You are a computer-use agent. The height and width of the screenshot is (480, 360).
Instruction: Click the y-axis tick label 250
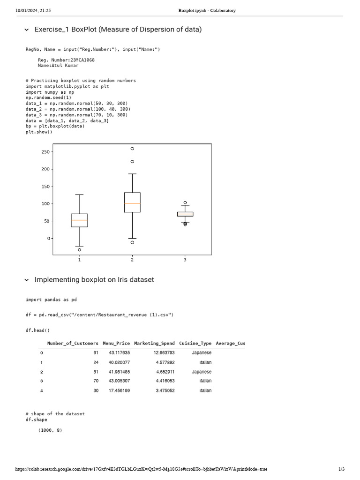[x=45, y=152]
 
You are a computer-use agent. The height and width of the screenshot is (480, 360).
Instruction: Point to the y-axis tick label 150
[x=45, y=187]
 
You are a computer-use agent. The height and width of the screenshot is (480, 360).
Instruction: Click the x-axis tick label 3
[x=185, y=260]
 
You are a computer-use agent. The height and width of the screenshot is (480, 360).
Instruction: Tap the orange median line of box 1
[x=79, y=220]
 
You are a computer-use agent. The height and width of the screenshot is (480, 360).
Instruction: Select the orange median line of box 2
[x=132, y=203]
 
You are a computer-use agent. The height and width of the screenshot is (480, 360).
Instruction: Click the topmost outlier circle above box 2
[x=132, y=149]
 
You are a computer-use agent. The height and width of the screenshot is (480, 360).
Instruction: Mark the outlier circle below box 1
[x=79, y=250]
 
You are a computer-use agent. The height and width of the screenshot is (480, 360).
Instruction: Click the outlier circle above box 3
[x=185, y=202]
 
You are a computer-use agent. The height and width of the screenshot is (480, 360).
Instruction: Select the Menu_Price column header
[x=116, y=343]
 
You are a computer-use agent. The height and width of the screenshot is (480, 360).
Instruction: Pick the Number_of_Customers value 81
[x=96, y=372]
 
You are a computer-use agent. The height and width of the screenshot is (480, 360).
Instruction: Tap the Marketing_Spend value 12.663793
[x=165, y=352]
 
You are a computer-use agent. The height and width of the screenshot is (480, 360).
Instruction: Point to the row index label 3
[x=41, y=381]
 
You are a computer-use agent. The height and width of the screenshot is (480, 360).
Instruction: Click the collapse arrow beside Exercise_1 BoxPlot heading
[x=26, y=30]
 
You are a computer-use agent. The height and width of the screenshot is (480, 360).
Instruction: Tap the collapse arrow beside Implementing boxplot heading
[x=26, y=280]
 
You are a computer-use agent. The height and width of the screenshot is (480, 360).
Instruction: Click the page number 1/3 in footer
[x=341, y=469]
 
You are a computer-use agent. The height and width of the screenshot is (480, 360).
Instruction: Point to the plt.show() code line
[x=39, y=132]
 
